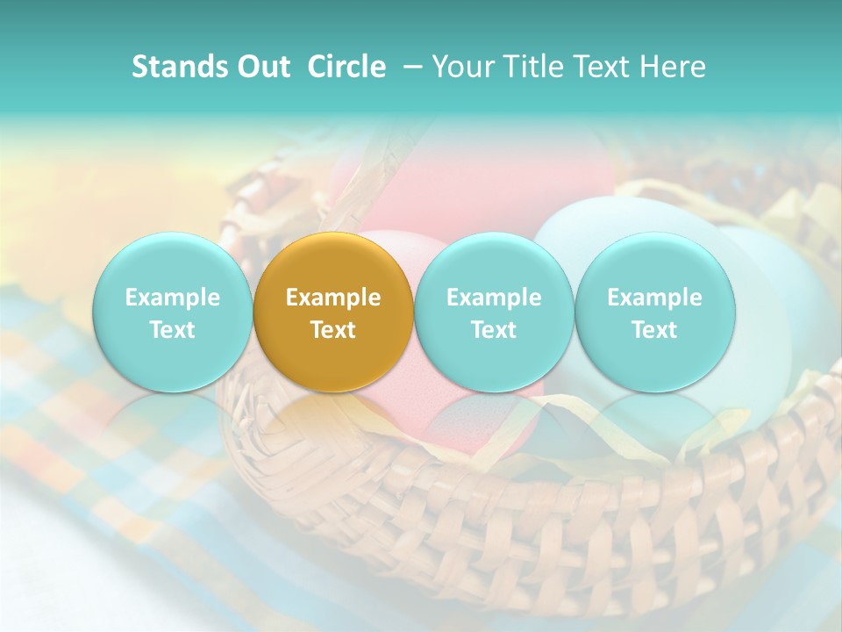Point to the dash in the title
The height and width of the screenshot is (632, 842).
pos(410,67)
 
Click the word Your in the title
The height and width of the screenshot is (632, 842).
pos(465,67)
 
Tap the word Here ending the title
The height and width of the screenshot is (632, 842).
pos(674,67)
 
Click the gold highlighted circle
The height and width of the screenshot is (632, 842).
pos(333,312)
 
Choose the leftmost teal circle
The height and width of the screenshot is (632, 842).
pos(173,312)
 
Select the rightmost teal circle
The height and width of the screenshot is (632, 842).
pos(655,312)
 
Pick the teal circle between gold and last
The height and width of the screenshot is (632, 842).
pos(494,312)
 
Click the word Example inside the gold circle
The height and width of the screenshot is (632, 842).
pos(333,298)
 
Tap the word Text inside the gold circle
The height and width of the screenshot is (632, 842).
pos(333,330)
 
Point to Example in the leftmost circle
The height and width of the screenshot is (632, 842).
pos(173,298)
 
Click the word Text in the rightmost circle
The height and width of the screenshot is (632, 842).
pos(655,330)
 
